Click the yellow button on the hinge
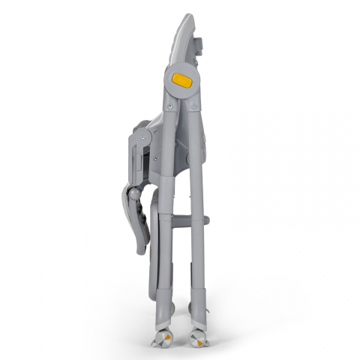[181, 79]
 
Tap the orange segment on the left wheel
[168, 338]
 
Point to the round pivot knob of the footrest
[133, 194]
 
